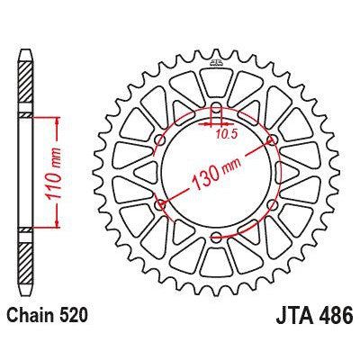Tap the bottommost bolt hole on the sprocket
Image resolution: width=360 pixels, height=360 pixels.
pyautogui.click(x=217, y=237)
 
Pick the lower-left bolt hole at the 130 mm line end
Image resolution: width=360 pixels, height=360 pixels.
pyautogui.click(x=161, y=205)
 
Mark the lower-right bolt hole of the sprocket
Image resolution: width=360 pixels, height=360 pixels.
pyautogui.click(x=272, y=205)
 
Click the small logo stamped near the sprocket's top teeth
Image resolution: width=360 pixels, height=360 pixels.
pyautogui.click(x=217, y=64)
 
